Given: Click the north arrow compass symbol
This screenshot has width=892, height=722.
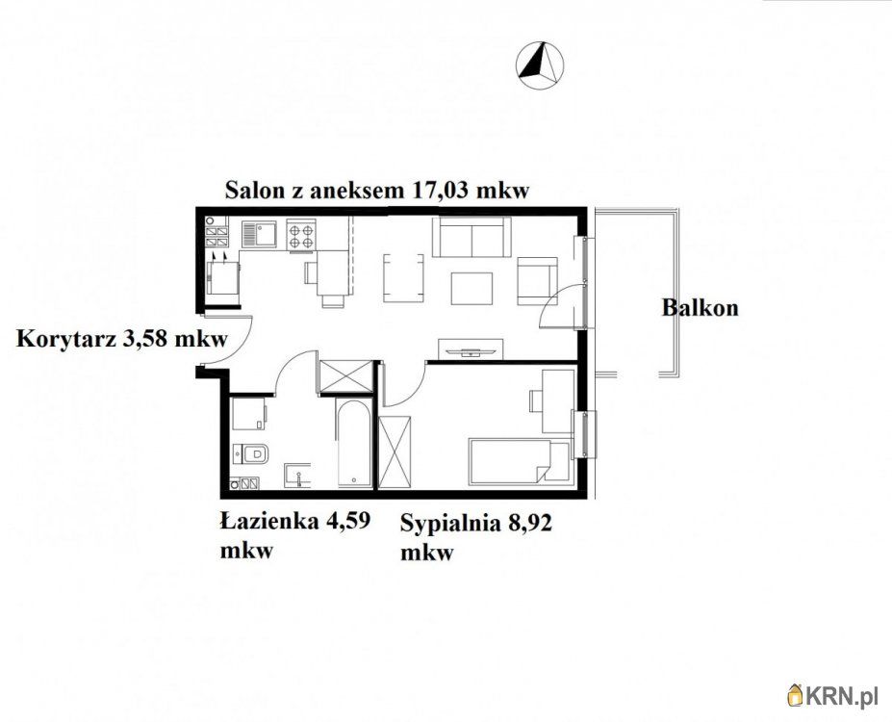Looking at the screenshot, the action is [540, 65].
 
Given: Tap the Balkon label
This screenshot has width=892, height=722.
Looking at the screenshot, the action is [701, 308].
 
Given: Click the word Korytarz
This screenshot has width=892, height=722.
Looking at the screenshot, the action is [66, 340].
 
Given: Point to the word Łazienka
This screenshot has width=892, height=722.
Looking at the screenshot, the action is [269, 521].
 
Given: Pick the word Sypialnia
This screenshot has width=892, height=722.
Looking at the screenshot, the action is [449, 523].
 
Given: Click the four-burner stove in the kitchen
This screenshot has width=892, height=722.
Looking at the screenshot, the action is [300, 235].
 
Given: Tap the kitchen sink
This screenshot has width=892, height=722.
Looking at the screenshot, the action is [259, 234].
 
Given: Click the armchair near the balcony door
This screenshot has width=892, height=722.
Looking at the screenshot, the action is [537, 280].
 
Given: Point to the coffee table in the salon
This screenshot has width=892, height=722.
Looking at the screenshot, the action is [471, 289].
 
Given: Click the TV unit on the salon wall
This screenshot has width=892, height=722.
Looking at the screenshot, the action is [470, 348].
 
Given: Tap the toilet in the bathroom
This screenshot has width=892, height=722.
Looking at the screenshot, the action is [251, 453].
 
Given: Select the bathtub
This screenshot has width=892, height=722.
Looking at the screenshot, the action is [354, 443].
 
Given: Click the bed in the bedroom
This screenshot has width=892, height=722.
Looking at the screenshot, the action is [519, 461].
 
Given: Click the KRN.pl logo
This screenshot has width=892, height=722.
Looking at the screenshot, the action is [832, 695].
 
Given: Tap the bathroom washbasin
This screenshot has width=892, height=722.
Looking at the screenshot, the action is [297, 475].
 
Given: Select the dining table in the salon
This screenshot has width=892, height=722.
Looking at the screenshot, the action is [403, 278].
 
